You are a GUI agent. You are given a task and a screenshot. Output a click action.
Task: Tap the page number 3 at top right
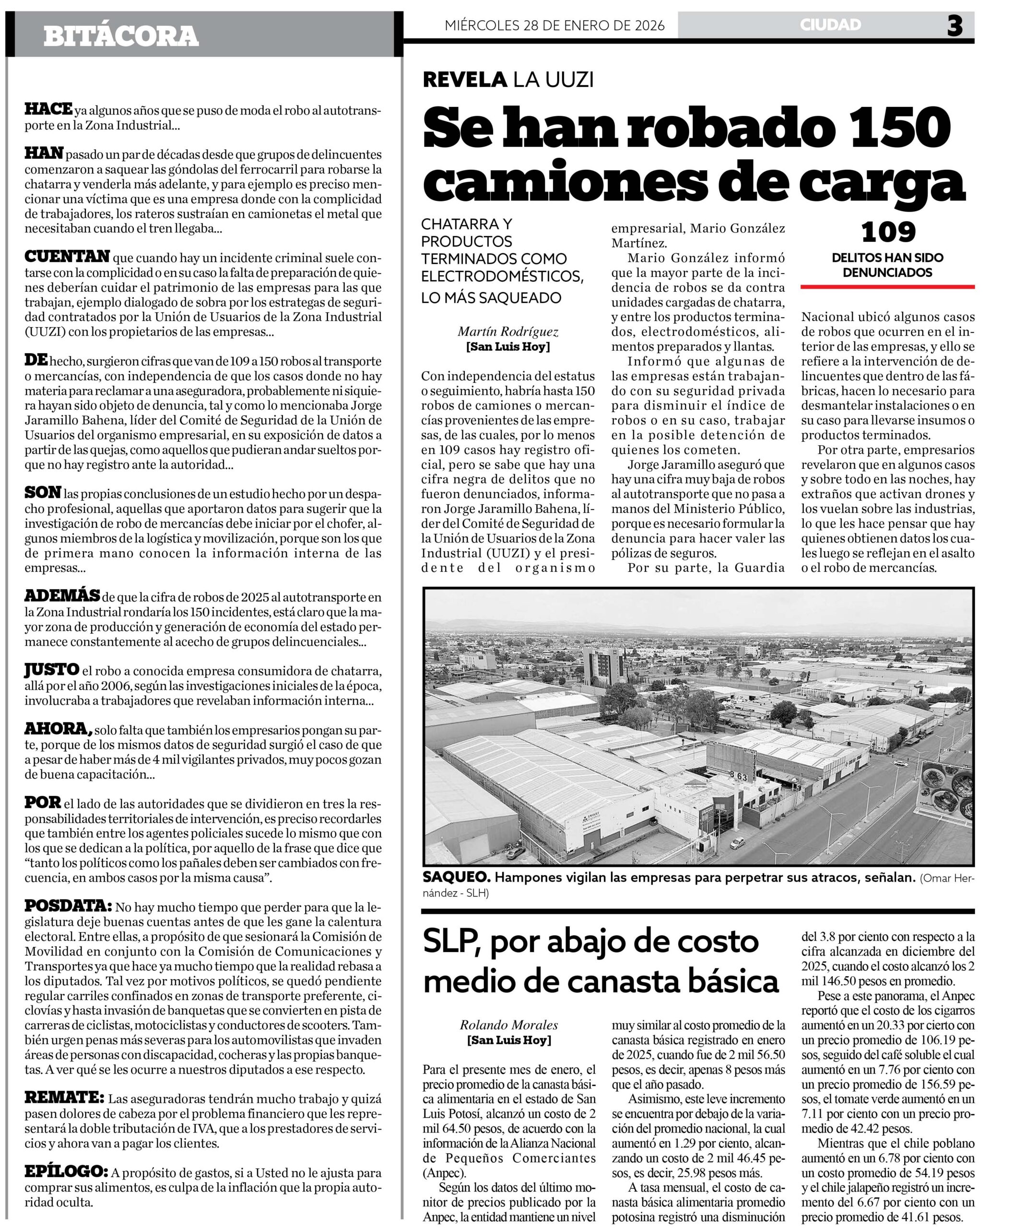[954, 26]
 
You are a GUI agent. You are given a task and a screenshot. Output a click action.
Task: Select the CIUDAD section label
[830, 24]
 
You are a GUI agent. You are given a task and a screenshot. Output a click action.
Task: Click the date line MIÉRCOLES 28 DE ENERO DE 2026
[554, 26]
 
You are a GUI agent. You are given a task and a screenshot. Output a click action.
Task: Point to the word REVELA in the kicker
[464, 79]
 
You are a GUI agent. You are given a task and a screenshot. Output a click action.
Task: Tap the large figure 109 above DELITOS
[888, 232]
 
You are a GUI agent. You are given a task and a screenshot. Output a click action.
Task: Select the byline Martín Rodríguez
[507, 331]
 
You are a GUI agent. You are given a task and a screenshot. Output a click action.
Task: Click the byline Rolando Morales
[509, 1025]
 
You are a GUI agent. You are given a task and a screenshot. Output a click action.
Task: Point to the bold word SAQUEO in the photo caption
[455, 877]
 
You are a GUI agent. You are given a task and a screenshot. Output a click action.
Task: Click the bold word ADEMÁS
[62, 596]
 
